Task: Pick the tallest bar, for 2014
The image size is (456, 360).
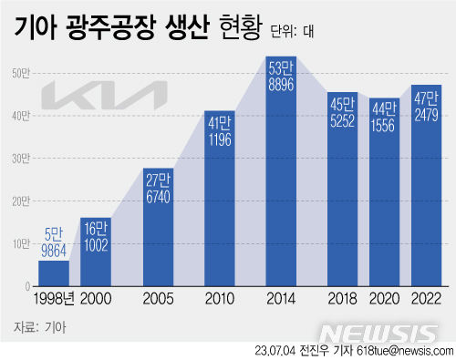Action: (x=280, y=182)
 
